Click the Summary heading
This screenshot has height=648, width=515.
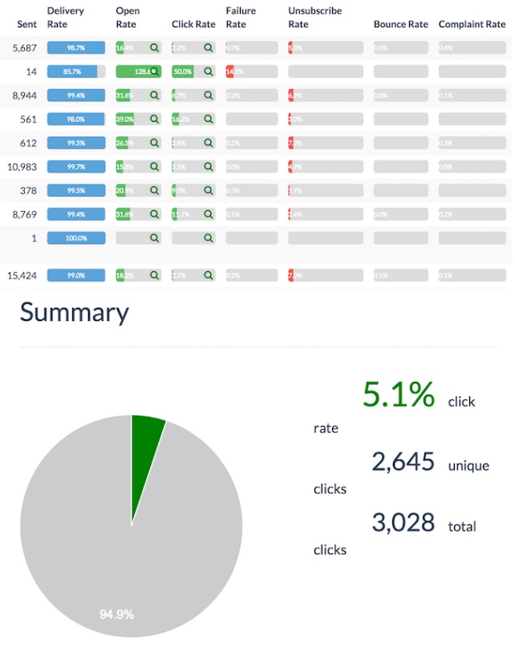pos(74,312)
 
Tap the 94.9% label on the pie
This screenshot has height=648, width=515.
pos(116,614)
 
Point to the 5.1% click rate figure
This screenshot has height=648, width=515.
pos(399,395)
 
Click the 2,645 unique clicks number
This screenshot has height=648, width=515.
pos(403,462)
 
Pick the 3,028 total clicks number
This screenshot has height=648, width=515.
pos(403,523)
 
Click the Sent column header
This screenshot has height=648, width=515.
pos(27,24)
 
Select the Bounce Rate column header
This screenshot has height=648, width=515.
pos(401,24)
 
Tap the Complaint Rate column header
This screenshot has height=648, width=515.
pos(472,24)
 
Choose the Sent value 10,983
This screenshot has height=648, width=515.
pos(23,167)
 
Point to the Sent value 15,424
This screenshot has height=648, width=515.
pos(23,275)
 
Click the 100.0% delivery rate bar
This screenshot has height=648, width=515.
pos(76,238)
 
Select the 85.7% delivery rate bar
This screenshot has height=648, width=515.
pos(76,71)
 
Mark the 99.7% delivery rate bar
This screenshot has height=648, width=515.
pos(76,167)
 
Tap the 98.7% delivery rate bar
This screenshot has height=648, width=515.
pos(76,48)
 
